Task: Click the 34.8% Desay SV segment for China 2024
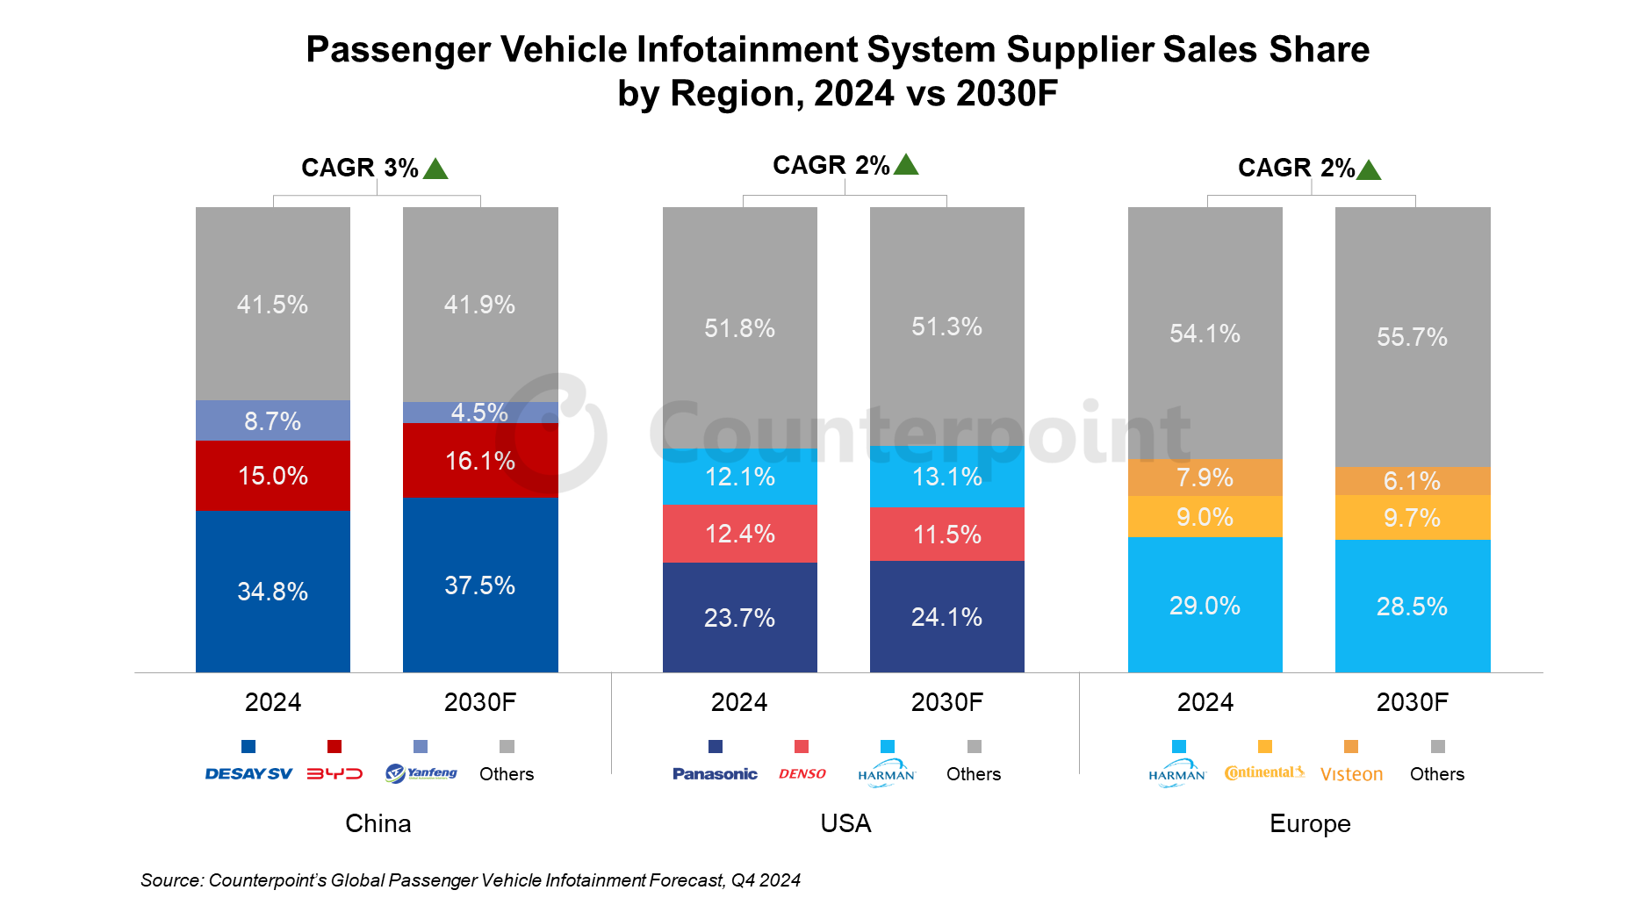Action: (272, 591)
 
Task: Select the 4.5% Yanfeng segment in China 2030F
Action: (479, 413)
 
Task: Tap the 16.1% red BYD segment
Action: (479, 461)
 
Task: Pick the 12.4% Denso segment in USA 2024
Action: (739, 534)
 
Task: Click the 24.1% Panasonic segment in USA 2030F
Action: (946, 616)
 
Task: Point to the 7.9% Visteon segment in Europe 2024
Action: (1205, 477)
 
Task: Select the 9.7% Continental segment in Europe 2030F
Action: (1412, 518)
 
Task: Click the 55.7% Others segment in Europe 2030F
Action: (1412, 336)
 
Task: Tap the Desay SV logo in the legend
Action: (248, 773)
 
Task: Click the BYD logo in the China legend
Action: (334, 773)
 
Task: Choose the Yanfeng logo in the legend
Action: (421, 773)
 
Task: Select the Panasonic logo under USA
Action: (715, 773)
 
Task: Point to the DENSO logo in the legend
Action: (802, 773)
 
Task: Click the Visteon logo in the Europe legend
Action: (1351, 774)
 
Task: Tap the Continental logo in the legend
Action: (1264, 772)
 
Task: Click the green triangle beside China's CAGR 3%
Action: (435, 169)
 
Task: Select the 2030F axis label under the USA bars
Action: (946, 702)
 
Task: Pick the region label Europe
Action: (1310, 823)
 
